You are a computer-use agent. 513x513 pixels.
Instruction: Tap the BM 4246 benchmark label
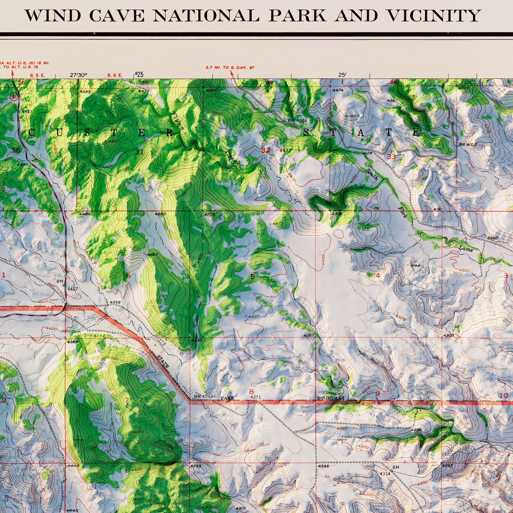297,121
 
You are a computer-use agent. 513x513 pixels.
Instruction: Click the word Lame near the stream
465,249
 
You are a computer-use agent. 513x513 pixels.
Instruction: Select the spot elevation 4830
113,141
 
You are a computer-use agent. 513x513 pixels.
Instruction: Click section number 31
140,152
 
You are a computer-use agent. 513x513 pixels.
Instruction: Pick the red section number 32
266,150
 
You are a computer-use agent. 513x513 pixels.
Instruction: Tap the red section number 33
391,157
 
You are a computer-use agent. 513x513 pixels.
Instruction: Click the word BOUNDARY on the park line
331,398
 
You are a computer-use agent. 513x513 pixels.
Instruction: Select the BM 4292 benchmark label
203,397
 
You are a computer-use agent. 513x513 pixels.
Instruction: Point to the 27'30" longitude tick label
78,75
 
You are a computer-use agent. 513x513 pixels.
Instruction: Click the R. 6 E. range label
115,75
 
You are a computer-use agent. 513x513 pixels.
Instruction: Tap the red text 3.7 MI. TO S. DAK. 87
230,67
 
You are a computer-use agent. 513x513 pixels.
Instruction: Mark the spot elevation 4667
153,255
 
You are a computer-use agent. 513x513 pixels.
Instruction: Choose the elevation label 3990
492,238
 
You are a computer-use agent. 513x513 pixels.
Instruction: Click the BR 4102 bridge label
468,144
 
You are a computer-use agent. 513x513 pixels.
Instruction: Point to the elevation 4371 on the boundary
256,397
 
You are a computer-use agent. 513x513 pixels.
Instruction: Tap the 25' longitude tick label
342,75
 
